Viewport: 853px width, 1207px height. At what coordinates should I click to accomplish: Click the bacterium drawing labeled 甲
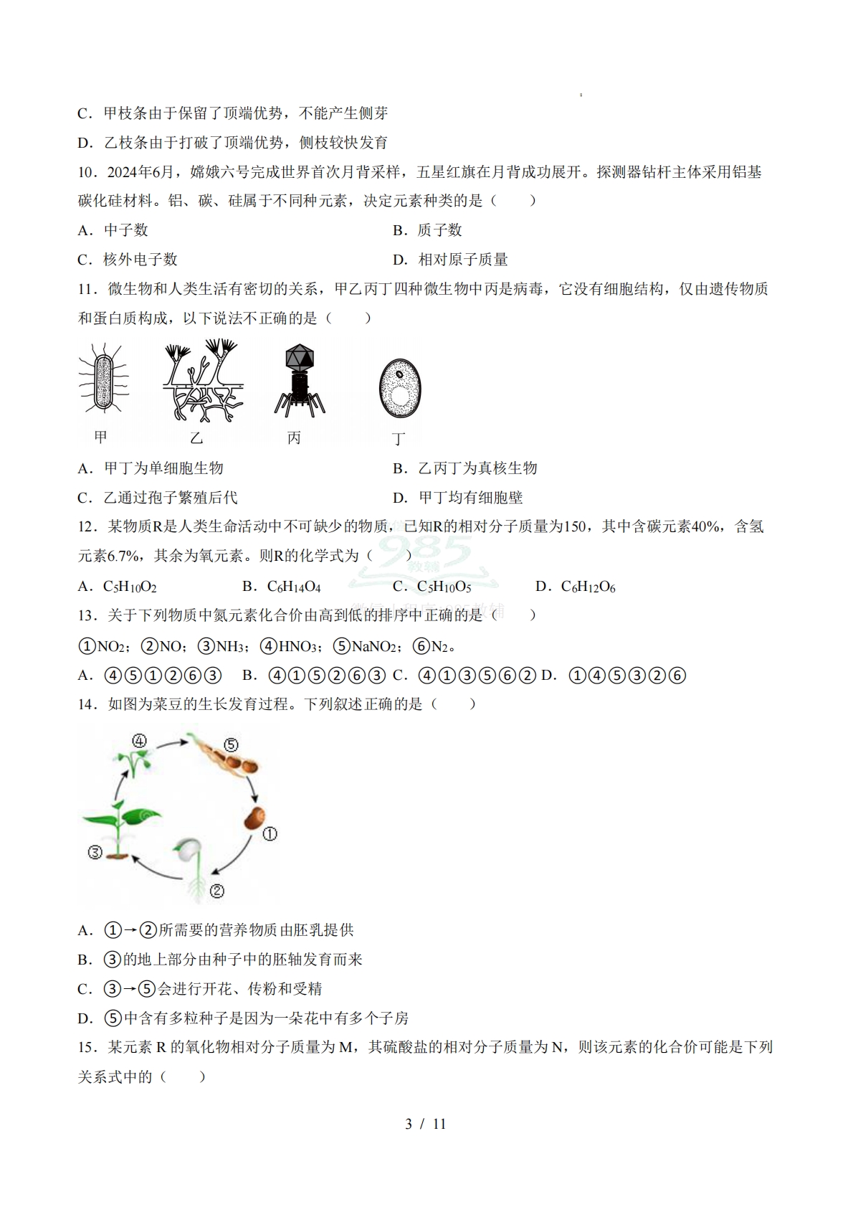(105, 379)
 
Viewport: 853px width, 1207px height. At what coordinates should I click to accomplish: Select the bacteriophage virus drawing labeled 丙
(300, 380)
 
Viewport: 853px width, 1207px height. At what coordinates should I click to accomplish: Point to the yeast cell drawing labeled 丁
(399, 388)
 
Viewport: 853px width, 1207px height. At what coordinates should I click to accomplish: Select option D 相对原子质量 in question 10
(462, 260)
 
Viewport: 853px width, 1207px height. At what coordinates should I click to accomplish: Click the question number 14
(87, 704)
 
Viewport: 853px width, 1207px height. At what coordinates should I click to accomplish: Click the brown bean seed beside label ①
(254, 818)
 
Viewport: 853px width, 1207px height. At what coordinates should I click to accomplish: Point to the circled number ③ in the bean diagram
(95, 853)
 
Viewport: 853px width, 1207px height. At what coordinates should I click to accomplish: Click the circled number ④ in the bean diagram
(139, 741)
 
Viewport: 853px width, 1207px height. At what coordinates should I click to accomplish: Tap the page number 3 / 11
(426, 1124)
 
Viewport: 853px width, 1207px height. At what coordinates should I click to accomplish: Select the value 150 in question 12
(575, 527)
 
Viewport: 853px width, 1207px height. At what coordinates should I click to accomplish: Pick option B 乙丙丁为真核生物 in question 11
(477, 468)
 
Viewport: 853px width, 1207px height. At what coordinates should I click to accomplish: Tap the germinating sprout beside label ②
(190, 864)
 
